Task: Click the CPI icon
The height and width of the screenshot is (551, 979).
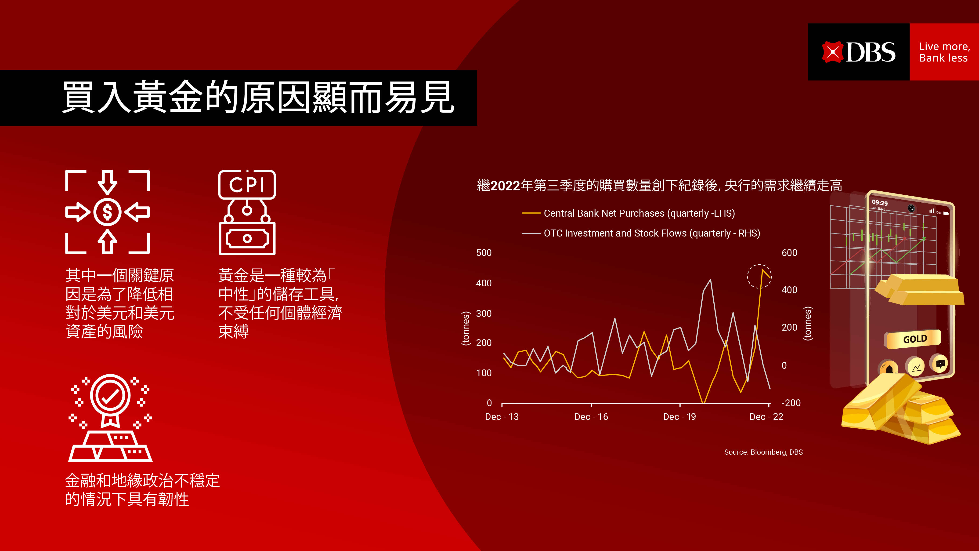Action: click(x=247, y=212)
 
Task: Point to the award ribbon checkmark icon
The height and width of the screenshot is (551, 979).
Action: click(x=110, y=418)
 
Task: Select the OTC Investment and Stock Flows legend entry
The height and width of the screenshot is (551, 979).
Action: click(x=641, y=233)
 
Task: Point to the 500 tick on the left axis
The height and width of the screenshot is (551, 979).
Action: click(x=484, y=253)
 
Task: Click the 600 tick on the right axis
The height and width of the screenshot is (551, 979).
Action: click(x=789, y=253)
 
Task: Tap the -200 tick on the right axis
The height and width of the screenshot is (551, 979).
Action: click(x=791, y=403)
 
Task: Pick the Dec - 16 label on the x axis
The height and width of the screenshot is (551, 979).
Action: click(x=591, y=417)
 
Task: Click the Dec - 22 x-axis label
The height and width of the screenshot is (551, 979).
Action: click(x=766, y=417)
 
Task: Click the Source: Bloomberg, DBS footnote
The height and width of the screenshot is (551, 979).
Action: click(x=763, y=452)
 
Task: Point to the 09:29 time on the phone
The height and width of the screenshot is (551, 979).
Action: click(x=880, y=203)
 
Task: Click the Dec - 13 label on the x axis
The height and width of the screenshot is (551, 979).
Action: click(x=502, y=417)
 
